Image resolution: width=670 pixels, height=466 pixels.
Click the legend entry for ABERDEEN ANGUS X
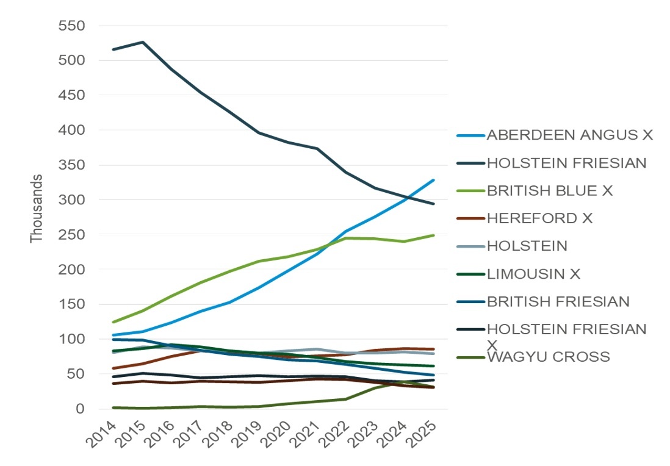pyautogui.click(x=569, y=135)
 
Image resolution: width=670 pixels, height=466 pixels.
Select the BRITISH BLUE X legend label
pyautogui.click(x=549, y=190)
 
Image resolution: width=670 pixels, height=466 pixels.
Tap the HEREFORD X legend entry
pyautogui.click(x=539, y=218)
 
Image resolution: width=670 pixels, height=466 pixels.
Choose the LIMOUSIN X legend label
pyautogui.click(x=533, y=274)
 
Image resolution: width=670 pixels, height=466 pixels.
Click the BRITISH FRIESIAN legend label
pyautogui.click(x=558, y=301)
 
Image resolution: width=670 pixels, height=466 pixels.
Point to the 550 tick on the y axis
pyautogui.click(x=71, y=26)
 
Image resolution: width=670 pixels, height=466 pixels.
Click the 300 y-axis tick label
pyautogui.click(x=71, y=200)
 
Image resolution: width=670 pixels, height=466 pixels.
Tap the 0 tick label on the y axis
pyautogui.click(x=79, y=409)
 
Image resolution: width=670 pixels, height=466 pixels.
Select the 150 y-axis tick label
pyautogui.click(x=71, y=304)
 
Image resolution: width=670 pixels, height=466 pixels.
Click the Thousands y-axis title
pyautogui.click(x=37, y=209)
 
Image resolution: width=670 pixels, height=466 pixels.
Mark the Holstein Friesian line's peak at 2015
pyautogui.click(x=143, y=42)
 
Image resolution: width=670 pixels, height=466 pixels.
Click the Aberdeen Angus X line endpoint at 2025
pyautogui.click(x=434, y=180)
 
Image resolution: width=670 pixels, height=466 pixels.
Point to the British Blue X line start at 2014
pyautogui.click(x=113, y=322)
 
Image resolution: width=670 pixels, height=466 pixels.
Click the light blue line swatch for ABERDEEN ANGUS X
pyautogui.click(x=470, y=135)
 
